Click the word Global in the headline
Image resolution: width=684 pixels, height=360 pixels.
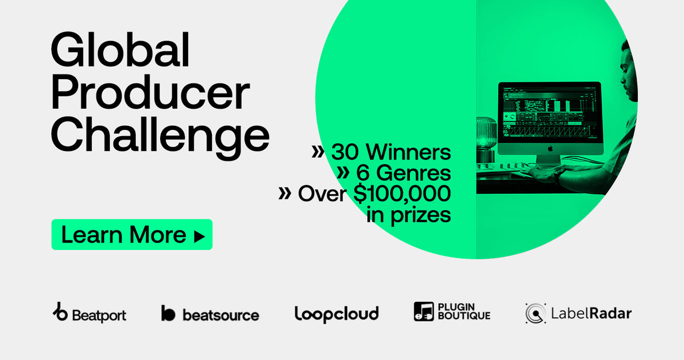pos(120,50)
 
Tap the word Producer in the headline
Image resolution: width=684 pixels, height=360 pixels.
pos(150,92)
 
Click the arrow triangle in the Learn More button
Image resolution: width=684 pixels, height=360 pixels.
pos(199,236)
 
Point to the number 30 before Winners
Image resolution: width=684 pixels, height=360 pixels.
pos(345,152)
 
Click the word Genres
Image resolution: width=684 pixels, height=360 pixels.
pos(413,173)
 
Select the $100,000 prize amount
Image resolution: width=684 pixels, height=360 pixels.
pos(402,194)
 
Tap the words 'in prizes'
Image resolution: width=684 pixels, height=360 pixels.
pos(409,215)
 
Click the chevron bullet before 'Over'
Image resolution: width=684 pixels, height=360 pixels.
pos(284,193)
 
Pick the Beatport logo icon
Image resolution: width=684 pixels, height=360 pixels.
pos(60,312)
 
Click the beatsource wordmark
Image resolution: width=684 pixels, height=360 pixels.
pos(221,315)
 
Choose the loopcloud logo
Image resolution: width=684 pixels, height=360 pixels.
pos(336,314)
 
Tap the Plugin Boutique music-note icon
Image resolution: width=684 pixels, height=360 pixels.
pos(424,312)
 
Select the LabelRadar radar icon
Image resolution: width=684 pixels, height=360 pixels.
pos(536,313)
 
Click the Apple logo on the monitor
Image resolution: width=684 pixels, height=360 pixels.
pos(550,149)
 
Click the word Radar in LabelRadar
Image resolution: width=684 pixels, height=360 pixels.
pos(610,313)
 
